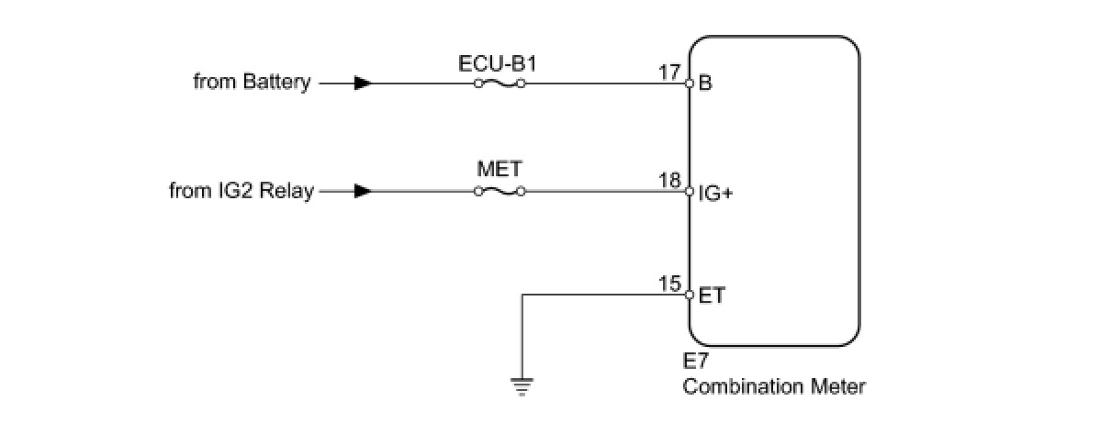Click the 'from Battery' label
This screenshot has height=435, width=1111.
pyautogui.click(x=252, y=83)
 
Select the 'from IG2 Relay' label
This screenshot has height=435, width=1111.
pyautogui.click(x=241, y=192)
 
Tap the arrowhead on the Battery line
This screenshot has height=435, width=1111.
pyautogui.click(x=363, y=83)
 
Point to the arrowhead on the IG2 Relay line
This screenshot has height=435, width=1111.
pyautogui.click(x=363, y=192)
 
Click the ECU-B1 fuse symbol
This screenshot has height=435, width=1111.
pyautogui.click(x=499, y=83)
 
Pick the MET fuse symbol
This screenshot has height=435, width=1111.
pyautogui.click(x=499, y=192)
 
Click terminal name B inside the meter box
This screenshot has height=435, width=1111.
pyautogui.click(x=705, y=84)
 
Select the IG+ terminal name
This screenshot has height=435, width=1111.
pyautogui.click(x=715, y=194)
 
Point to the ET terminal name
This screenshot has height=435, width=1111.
pyautogui.click(x=711, y=296)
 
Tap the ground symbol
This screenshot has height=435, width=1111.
pyautogui.click(x=522, y=386)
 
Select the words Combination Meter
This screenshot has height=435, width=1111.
pyautogui.click(x=773, y=386)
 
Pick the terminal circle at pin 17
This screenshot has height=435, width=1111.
pyautogui.click(x=690, y=83)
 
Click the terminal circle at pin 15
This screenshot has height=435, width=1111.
pyautogui.click(x=690, y=295)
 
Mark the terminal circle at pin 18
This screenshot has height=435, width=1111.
pyautogui.click(x=690, y=192)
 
